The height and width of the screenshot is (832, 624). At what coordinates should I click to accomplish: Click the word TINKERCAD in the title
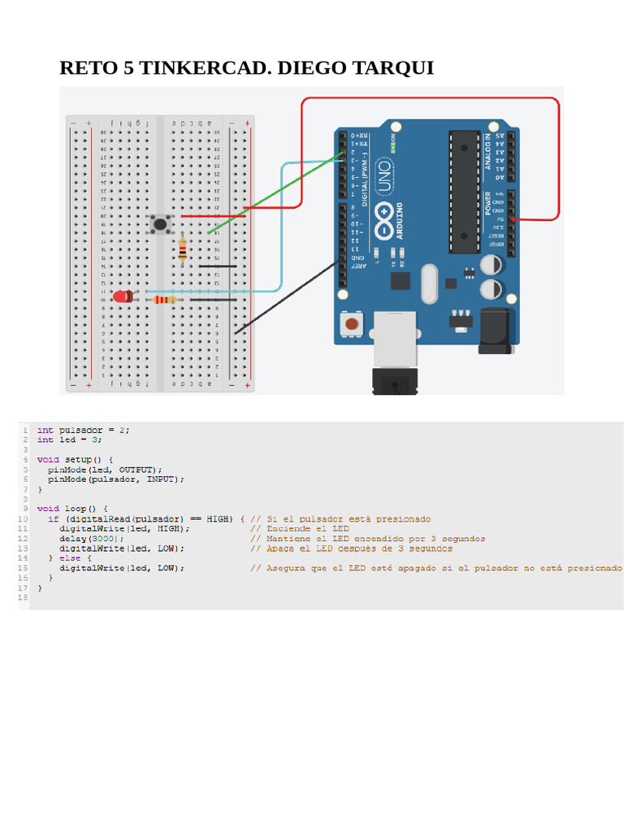pos(202,67)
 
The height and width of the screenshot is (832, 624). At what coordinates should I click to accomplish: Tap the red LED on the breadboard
pos(123,297)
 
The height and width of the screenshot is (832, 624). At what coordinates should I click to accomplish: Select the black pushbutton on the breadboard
pos(161,224)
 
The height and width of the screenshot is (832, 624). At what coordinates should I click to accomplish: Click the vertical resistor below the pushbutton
pos(182,249)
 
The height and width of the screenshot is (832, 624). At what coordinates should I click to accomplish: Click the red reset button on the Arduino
pos(351,325)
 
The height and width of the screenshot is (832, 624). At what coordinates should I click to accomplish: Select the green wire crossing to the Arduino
pos(276,192)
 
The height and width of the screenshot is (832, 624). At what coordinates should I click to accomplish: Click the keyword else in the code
pos(70,558)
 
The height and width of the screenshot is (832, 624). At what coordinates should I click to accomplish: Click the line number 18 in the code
pos(23,598)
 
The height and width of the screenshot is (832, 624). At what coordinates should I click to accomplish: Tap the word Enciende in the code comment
pos(289,528)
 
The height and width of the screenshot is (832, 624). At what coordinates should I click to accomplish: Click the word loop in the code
pos(76,509)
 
